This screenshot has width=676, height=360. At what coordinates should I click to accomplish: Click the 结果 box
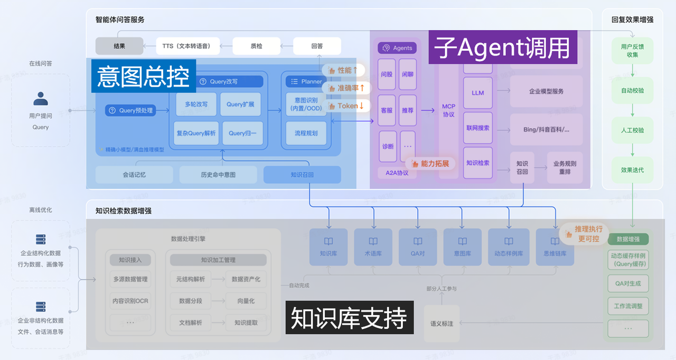coord(119,46)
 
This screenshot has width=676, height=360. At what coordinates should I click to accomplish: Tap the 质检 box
coord(256,46)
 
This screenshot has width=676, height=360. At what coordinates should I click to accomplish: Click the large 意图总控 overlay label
coord(143,76)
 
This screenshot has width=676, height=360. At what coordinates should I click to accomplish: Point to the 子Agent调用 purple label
coord(502,48)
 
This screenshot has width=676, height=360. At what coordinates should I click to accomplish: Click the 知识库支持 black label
coord(349,318)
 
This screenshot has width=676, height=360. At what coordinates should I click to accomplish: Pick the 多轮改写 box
coord(196,105)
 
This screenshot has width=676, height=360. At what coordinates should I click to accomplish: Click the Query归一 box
coord(242,133)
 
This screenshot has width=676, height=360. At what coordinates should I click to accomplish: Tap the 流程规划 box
coord(306,133)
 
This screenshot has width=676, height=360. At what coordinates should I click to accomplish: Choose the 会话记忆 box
coord(134,175)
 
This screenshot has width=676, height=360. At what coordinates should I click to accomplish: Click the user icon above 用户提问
coord(41,99)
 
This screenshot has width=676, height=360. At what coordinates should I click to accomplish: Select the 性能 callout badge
coord(343,70)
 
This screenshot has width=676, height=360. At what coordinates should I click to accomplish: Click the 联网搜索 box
coord(477,128)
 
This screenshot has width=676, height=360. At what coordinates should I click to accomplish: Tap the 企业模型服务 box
coord(546,91)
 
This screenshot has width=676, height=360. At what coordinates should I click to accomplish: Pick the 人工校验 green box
coord(632,130)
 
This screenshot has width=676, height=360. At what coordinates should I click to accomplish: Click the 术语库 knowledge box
coord(373,247)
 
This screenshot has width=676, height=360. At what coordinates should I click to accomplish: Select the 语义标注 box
coord(442,323)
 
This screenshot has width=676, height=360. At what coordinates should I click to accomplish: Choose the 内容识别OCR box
coord(130,301)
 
